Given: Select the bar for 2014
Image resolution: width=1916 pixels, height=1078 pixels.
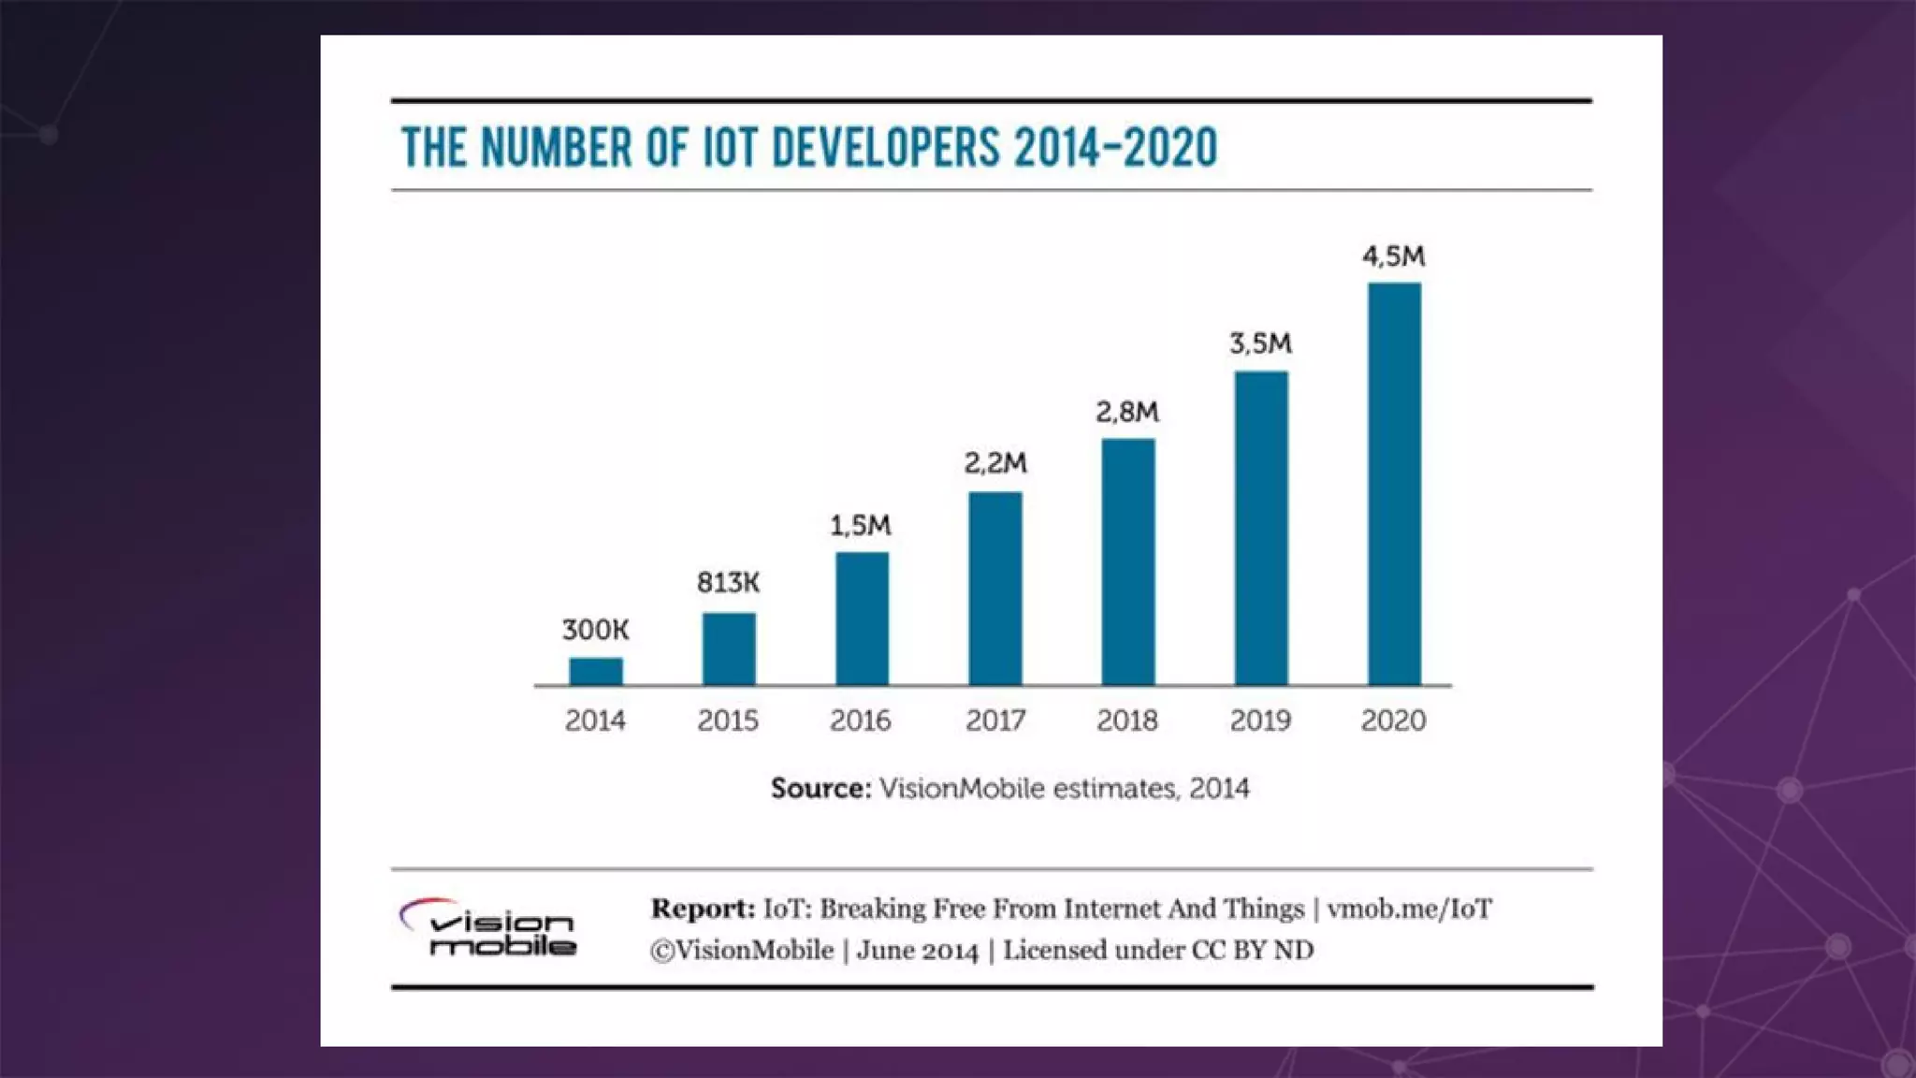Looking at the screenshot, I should [596, 671].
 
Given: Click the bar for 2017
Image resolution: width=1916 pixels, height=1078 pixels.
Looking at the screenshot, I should [995, 589].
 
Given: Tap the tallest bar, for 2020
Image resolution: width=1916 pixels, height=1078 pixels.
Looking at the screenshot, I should [1394, 484].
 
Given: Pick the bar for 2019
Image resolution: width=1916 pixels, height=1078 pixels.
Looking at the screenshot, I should [1261, 528].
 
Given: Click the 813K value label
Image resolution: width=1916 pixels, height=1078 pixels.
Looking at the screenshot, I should [728, 583].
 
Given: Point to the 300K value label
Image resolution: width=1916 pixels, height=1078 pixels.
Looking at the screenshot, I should [596, 630].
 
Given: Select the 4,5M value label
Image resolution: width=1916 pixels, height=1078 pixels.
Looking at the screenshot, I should [1393, 256].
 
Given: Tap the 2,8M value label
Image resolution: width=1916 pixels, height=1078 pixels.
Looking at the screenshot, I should [1127, 412].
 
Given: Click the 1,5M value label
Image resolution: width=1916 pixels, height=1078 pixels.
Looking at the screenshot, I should [861, 526].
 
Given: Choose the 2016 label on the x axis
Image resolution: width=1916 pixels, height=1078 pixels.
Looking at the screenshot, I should [861, 721].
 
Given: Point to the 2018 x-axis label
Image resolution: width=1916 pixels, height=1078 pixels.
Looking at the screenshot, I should [1127, 721].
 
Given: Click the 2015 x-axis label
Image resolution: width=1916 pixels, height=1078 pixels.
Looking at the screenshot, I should [728, 721].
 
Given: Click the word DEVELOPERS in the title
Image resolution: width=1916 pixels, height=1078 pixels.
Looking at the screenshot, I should [885, 149].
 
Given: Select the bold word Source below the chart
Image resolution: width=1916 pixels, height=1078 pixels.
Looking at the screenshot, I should [820, 789].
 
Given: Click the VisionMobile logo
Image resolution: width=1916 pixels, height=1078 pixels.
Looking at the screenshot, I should [489, 929].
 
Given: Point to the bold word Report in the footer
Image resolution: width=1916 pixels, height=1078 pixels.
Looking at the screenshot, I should [703, 909].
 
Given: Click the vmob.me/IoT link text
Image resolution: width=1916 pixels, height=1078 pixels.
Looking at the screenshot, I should [1409, 909].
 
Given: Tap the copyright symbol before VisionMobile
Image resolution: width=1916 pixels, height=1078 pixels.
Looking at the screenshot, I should [662, 951].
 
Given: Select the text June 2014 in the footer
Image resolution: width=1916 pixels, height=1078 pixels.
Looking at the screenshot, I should [917, 951].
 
